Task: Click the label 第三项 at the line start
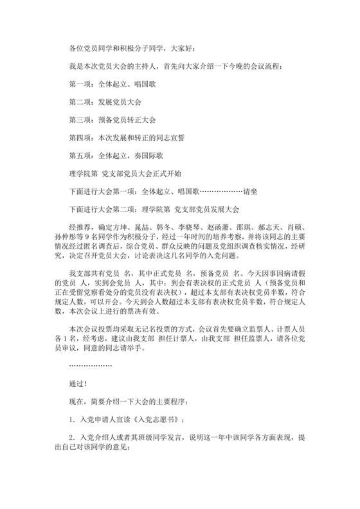click(80, 120)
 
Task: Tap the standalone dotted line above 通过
click(90, 365)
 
